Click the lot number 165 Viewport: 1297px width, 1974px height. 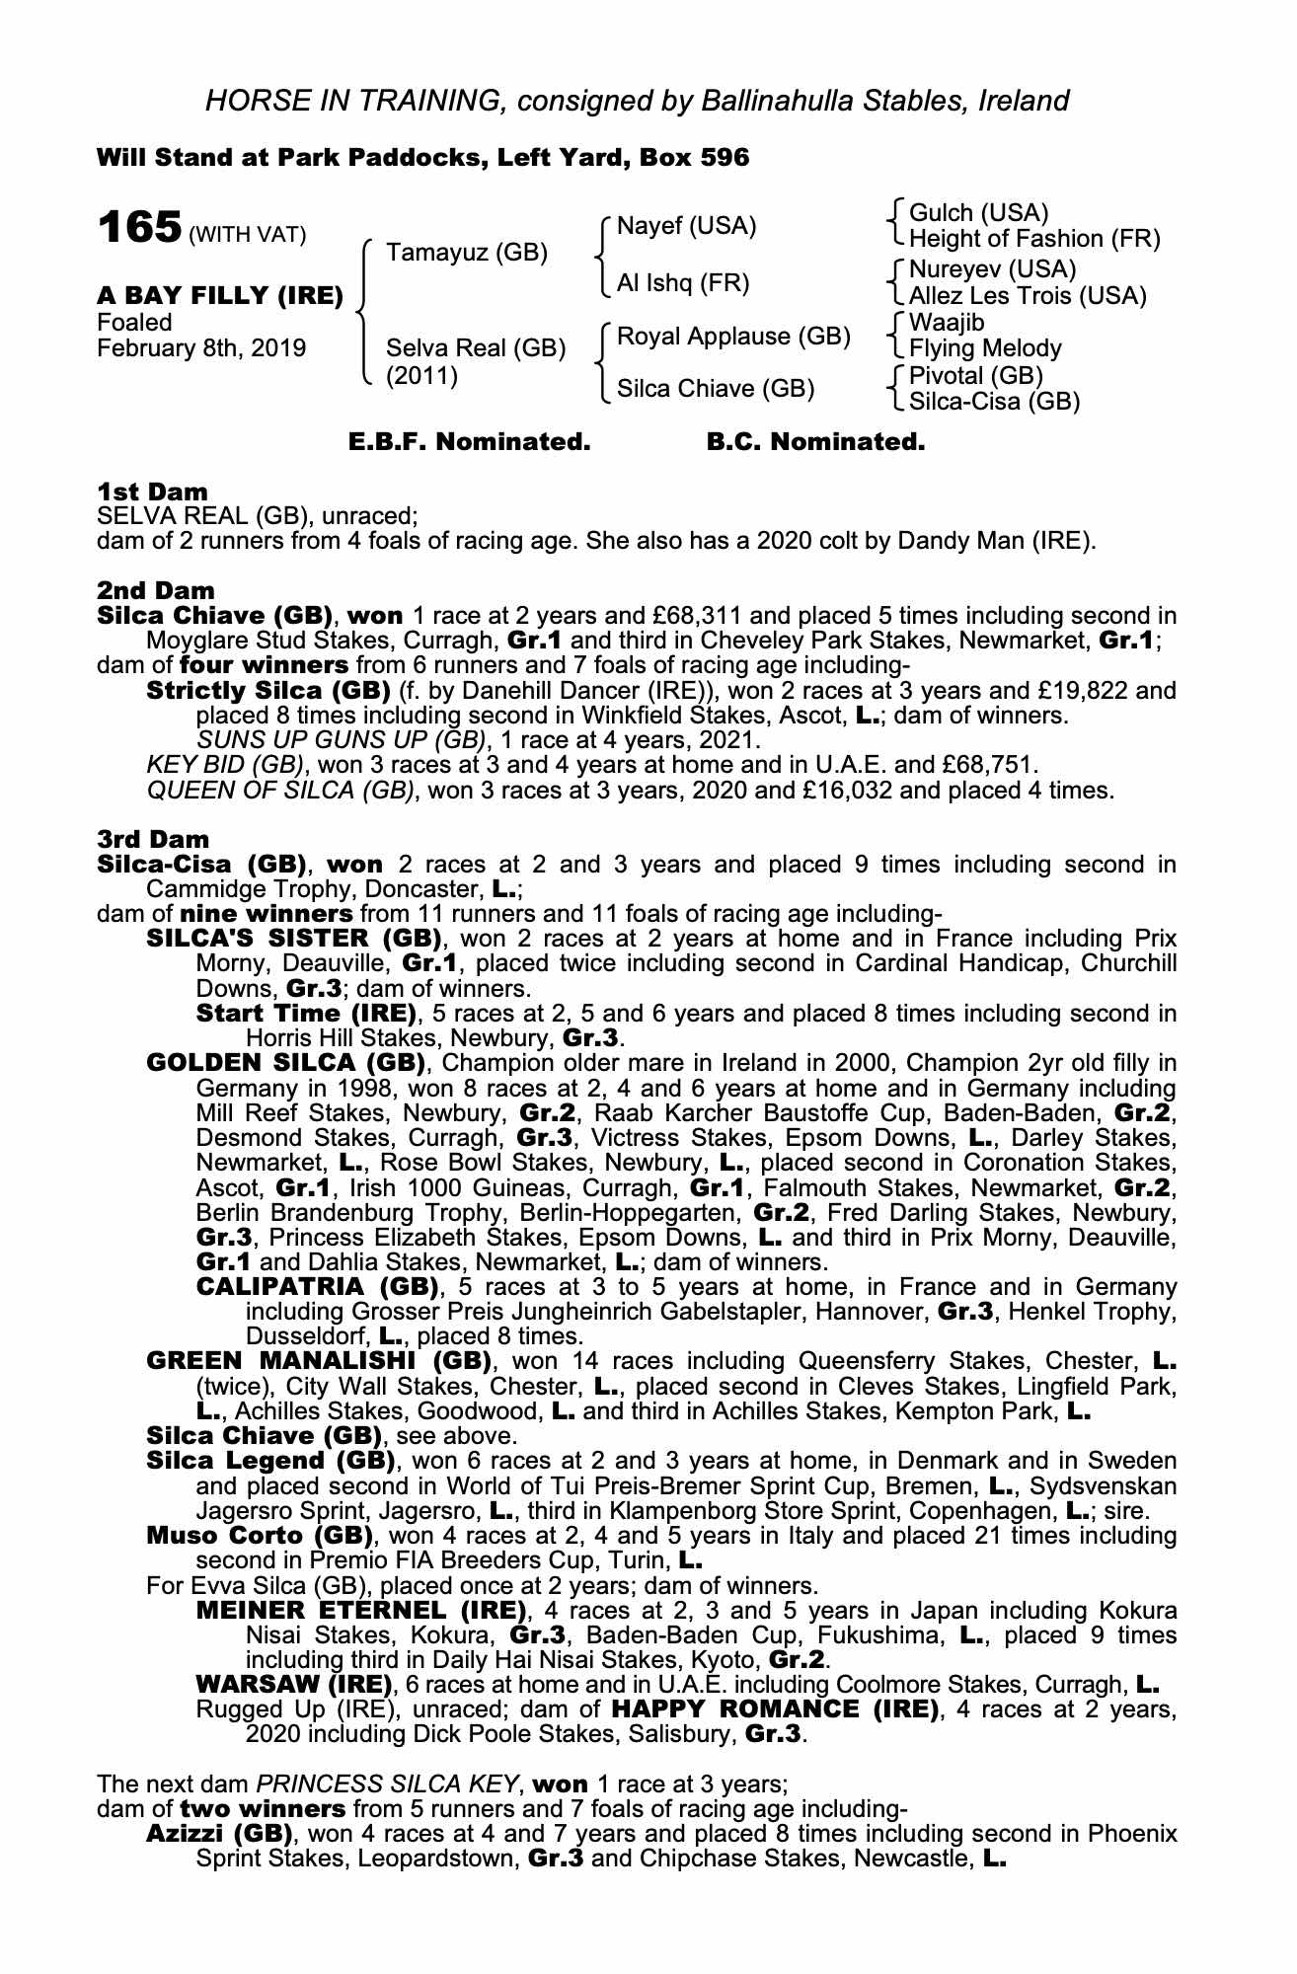coord(139,228)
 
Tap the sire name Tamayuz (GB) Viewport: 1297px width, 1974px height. coord(466,253)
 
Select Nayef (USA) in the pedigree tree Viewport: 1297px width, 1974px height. coord(686,226)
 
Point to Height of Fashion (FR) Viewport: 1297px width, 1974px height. coord(1034,239)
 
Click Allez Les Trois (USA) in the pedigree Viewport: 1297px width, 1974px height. coord(1028,295)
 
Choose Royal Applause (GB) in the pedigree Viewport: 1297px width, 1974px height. coord(733,337)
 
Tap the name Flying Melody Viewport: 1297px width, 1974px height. coord(985,348)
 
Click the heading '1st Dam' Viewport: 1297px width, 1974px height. coord(152,492)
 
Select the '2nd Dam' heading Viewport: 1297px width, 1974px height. coord(155,590)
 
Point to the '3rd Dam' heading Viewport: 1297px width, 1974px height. coord(153,839)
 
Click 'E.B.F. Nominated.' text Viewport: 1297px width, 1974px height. coord(469,442)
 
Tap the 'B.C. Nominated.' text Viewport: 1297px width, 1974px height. coord(815,442)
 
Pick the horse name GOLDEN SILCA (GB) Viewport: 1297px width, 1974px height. coord(285,1063)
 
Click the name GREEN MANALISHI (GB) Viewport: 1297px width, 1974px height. coord(318,1361)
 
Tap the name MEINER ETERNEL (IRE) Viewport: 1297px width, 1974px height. coord(359,1611)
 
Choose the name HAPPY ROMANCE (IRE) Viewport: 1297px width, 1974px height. coord(775,1708)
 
